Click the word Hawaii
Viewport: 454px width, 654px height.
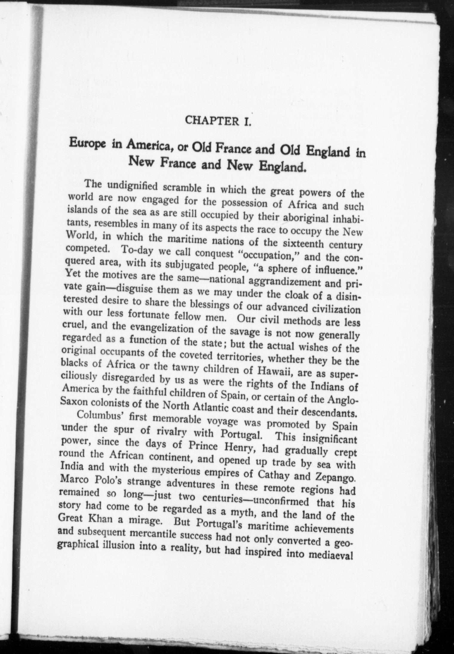(268, 371)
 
